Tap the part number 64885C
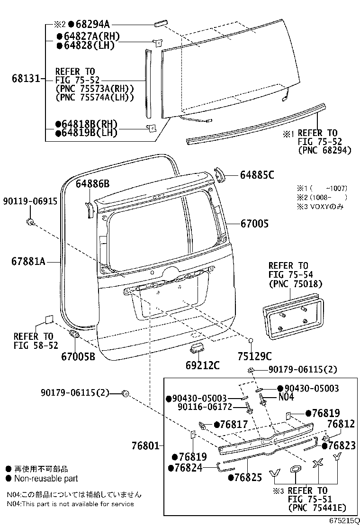click(x=257, y=175)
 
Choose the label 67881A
click(x=28, y=261)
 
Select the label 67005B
click(x=78, y=354)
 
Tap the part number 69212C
click(x=202, y=365)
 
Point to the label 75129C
click(x=254, y=356)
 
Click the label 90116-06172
click(x=205, y=407)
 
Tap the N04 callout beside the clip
click(x=286, y=397)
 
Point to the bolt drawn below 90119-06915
click(x=30, y=221)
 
